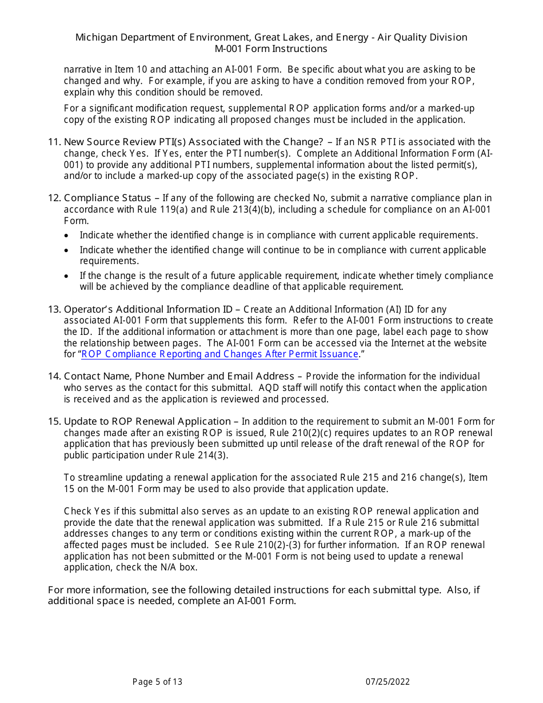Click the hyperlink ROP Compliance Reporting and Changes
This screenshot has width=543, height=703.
pyautogui.click(x=220, y=354)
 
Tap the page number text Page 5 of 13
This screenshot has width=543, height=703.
pyautogui.click(x=157, y=681)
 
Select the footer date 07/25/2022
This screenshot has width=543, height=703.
pyautogui.click(x=388, y=681)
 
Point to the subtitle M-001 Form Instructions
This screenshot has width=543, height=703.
pyautogui.click(x=271, y=49)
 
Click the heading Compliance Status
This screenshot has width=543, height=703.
pyautogui.click(x=107, y=198)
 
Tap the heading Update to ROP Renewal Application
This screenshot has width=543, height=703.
pyautogui.click(x=147, y=422)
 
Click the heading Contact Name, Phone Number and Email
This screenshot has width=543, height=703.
pyautogui.click(x=179, y=376)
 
